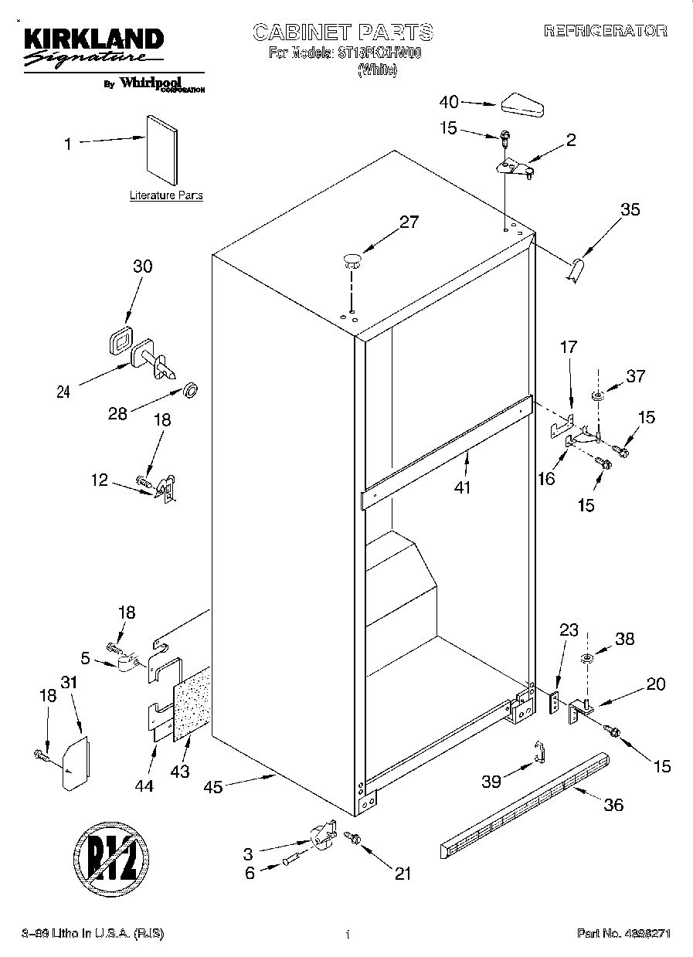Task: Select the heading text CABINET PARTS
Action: click(343, 32)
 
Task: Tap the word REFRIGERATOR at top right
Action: click(605, 32)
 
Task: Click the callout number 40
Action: click(449, 102)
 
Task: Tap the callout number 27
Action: click(409, 222)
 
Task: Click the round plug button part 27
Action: click(352, 260)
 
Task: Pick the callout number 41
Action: click(462, 487)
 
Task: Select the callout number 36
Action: click(613, 805)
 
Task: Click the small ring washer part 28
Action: click(189, 387)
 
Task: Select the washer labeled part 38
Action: click(586, 659)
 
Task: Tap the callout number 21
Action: click(402, 874)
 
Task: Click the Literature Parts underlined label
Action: click(166, 196)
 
